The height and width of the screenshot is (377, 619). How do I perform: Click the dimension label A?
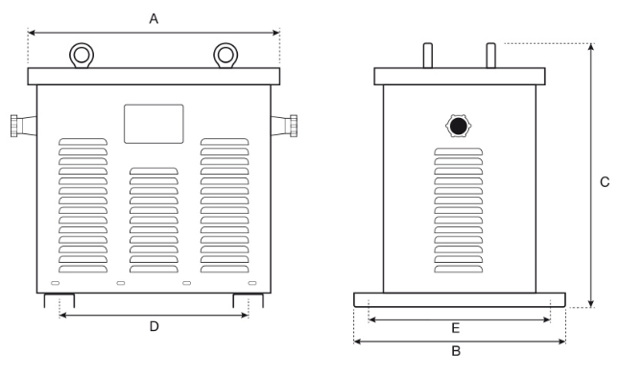pos(154,17)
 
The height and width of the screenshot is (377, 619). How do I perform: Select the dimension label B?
pos(457,351)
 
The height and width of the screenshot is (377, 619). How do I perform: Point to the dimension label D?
pos(154,326)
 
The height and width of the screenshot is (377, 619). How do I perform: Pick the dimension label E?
pos(457,328)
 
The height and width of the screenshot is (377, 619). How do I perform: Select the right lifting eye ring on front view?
pos(226,54)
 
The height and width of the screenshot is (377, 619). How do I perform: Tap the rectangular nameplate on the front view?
pos(154,124)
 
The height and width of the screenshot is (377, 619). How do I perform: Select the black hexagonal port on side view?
pos(459,125)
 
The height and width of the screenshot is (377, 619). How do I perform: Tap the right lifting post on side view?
pos(490,56)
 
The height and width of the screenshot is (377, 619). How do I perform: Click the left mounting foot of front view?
pos(52,300)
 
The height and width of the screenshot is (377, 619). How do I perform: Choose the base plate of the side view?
pos(460,300)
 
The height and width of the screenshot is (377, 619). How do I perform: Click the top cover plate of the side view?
pos(460,76)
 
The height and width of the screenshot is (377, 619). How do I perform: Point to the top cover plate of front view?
pos(154,75)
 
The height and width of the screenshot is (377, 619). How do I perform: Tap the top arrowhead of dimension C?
pos(589,47)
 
